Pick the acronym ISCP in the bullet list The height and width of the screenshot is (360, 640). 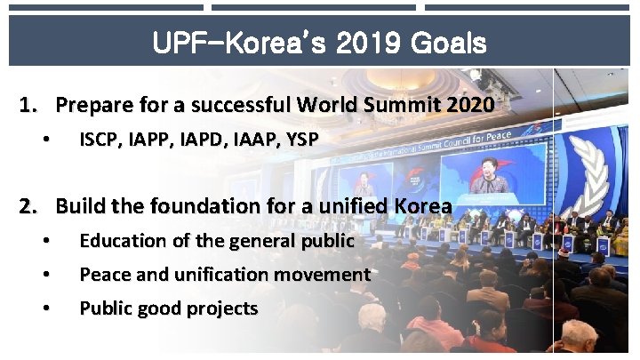tap(99, 140)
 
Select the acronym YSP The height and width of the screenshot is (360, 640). tap(300, 140)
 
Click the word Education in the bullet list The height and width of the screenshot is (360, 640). tap(116, 241)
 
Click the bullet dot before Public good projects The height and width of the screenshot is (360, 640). tap(44, 309)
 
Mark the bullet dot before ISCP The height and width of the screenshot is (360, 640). tap(44, 140)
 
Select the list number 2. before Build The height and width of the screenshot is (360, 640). tap(30, 206)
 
